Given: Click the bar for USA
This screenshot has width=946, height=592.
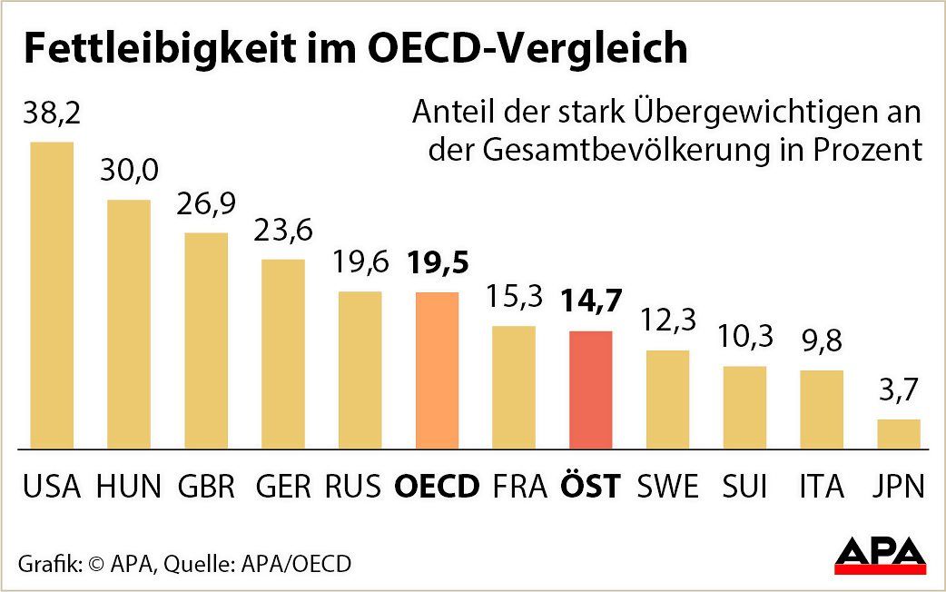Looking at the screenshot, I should point(52,295).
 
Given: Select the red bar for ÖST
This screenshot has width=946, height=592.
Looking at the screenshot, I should point(590,390).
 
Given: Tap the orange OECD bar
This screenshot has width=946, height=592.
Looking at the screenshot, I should point(437,370).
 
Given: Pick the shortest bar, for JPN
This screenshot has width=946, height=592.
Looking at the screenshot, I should point(899,433).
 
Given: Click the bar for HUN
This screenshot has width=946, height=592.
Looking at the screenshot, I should point(129,323).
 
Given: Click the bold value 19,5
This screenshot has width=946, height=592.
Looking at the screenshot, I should point(439,263).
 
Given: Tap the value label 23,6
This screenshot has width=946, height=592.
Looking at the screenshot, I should point(283,232).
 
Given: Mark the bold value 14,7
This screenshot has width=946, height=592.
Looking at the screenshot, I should point(590,302).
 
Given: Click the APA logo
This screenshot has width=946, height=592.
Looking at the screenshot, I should point(880,553).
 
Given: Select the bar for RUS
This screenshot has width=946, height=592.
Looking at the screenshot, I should point(360,370).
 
